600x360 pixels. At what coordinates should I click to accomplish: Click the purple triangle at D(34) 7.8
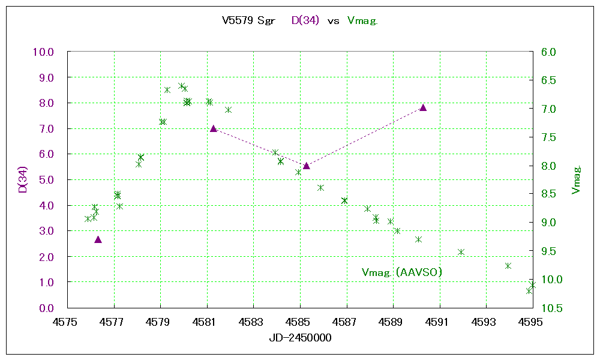pos(423,107)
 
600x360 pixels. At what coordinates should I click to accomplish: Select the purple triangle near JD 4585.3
pos(306,166)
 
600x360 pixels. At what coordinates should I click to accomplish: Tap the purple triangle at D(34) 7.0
pos(213,128)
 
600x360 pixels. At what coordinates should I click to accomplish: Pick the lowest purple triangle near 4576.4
pos(98,239)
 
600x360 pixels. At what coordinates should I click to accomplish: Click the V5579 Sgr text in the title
pos(248,21)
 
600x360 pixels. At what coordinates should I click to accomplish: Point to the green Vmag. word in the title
pos(362,21)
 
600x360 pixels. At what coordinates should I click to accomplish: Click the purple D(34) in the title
pos(305,21)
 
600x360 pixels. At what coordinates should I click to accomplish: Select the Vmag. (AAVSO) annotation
pos(402,272)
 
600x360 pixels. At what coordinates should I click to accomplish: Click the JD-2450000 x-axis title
pos(300,338)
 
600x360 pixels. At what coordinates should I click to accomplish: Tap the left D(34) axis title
pos(22,180)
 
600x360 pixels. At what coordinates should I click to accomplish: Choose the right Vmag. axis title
pos(577,180)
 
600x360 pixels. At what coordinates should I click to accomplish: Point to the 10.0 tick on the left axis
pos(43,52)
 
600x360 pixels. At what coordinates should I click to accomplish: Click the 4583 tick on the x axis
pos(253,322)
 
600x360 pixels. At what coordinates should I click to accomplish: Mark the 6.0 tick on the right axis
pos(549,52)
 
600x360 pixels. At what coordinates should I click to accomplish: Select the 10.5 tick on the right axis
pos(549,308)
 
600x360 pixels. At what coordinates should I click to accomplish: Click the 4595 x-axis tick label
pos(533,322)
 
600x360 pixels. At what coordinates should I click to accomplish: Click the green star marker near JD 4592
pos(461,252)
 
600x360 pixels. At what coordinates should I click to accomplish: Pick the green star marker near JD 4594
pos(508,266)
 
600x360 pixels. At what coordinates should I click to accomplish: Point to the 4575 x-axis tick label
pos(67,322)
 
